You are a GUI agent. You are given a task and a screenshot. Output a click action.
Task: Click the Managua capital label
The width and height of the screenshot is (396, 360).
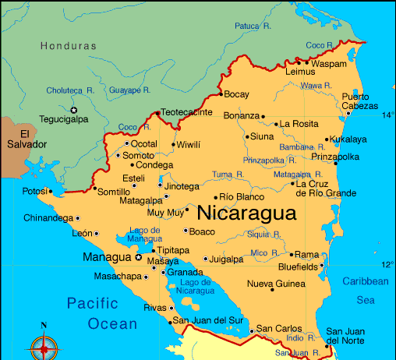(107, 257)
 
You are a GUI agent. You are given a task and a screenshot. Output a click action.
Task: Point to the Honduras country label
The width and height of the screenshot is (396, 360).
(69, 46)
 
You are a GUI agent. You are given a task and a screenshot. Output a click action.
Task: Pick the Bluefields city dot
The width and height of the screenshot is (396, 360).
(322, 266)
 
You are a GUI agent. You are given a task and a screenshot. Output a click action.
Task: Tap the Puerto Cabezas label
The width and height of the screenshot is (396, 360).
(361, 102)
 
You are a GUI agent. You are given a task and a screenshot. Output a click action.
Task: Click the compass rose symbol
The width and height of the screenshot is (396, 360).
(44, 344)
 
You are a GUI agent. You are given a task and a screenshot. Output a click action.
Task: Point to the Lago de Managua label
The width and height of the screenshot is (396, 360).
(145, 235)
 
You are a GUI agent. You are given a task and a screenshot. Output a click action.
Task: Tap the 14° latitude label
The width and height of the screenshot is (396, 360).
(387, 115)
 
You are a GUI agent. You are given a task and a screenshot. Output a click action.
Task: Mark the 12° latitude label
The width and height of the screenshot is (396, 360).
(387, 264)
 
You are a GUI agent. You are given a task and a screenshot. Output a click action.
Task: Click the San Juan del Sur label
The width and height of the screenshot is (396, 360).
(208, 320)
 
